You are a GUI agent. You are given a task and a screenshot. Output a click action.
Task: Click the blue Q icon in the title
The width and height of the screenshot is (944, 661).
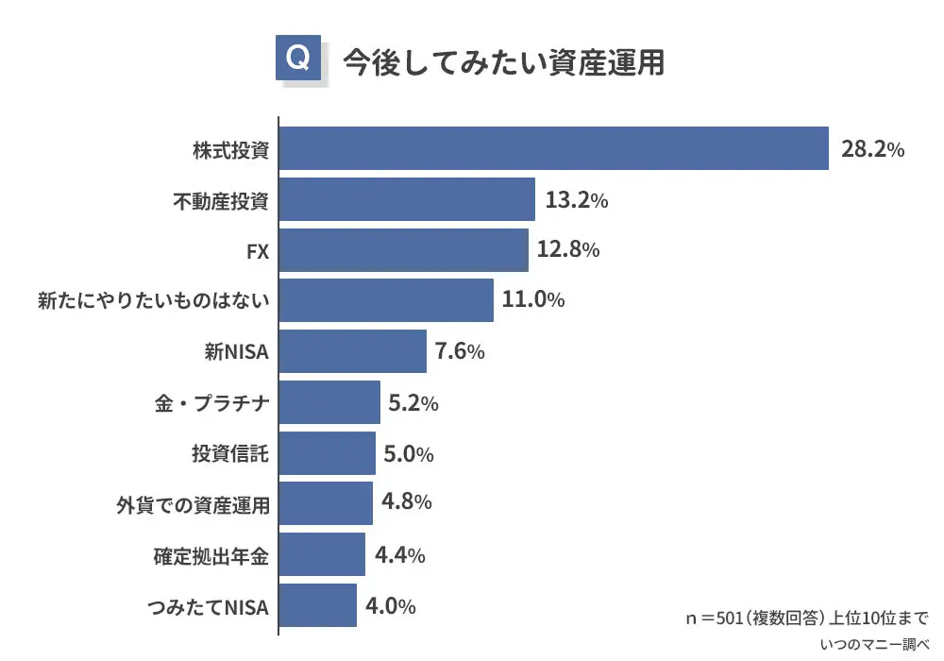(296, 59)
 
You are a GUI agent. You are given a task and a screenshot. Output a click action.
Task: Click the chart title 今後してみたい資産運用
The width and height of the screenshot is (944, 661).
(503, 60)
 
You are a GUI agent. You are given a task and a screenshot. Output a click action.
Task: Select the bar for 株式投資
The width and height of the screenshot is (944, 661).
(554, 148)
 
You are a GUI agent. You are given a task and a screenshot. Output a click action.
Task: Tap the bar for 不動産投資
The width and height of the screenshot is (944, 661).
(407, 199)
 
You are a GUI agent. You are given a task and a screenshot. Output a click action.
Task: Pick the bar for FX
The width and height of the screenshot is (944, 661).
(404, 250)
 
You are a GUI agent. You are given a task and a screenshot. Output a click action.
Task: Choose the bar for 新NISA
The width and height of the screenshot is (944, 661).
(353, 351)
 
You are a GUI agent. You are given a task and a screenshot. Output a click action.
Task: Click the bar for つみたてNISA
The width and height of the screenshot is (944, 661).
(318, 605)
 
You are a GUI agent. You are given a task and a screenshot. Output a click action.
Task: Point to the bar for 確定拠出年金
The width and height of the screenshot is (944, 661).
(322, 554)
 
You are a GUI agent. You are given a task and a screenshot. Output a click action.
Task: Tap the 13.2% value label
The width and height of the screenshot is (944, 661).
(576, 200)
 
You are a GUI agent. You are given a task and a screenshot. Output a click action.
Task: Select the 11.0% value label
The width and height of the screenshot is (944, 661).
(533, 301)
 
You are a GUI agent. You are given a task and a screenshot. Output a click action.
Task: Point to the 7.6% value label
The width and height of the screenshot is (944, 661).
(460, 352)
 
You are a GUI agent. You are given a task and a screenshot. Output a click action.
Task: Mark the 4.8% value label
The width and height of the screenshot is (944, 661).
(406, 501)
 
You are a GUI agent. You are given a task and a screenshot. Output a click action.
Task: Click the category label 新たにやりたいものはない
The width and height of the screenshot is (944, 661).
(154, 301)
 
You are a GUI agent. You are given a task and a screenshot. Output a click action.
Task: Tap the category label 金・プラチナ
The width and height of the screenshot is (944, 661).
(211, 404)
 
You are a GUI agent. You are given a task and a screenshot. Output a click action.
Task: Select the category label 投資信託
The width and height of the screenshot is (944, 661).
(230, 454)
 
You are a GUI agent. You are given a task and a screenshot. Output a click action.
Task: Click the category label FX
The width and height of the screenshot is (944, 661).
(257, 251)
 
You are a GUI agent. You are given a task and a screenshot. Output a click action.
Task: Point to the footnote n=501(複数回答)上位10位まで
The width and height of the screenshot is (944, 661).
(807, 619)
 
